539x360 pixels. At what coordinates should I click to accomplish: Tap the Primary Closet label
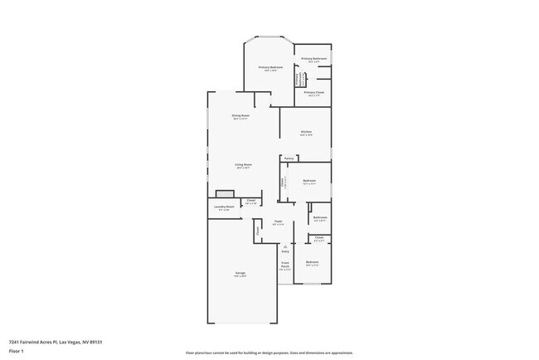[x=314, y=92]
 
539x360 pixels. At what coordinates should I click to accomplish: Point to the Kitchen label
[x=306, y=132]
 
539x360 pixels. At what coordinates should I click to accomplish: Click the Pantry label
[x=289, y=158]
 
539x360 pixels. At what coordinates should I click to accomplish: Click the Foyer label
[x=279, y=221]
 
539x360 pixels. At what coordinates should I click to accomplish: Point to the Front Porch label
[x=284, y=267]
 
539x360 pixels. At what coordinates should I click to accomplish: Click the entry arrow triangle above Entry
[x=284, y=246]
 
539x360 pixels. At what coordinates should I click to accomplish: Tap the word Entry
[x=285, y=251]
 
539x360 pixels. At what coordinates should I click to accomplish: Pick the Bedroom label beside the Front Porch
[x=312, y=262]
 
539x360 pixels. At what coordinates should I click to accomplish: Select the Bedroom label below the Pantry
[x=309, y=181]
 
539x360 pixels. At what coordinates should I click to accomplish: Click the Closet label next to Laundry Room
[x=250, y=201]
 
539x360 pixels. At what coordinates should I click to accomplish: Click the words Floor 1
[x=17, y=352]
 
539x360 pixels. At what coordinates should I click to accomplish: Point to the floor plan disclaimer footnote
[x=269, y=353]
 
